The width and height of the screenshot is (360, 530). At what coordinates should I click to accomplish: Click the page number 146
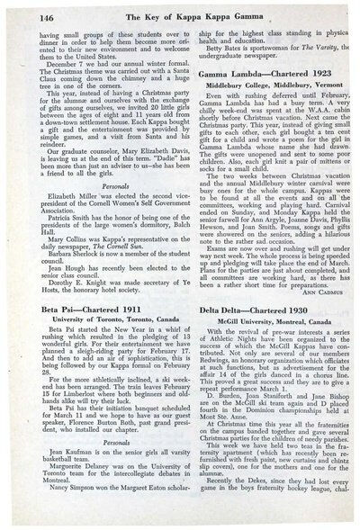24,12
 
